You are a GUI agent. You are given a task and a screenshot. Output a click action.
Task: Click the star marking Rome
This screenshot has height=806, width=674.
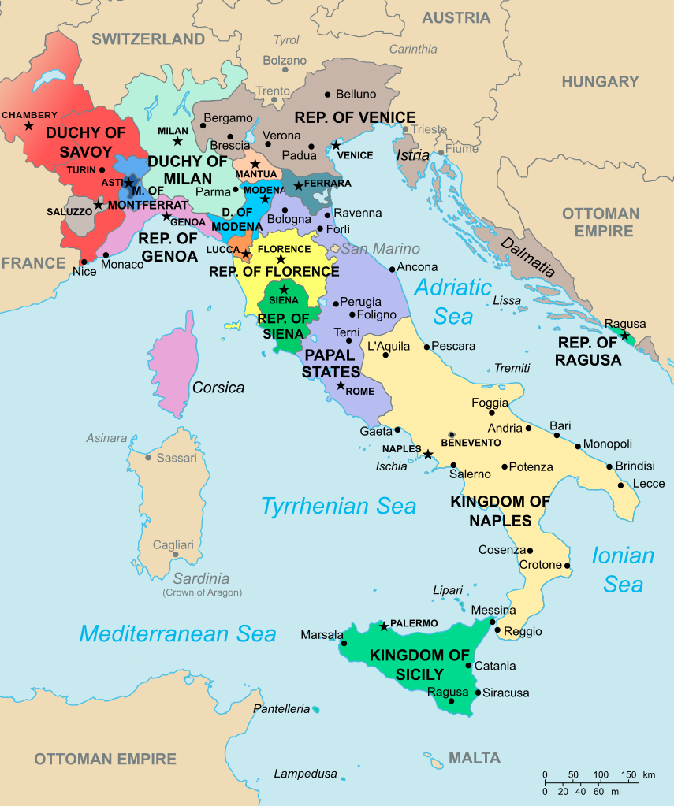[341, 385]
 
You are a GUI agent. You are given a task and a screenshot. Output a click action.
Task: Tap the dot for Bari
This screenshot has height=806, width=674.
[557, 435]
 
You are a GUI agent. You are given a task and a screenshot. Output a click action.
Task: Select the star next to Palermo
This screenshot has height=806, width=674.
[384, 626]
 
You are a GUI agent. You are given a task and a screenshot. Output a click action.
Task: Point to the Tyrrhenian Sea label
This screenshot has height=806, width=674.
[338, 506]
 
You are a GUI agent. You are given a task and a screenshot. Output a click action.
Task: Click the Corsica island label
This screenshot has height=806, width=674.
[218, 388]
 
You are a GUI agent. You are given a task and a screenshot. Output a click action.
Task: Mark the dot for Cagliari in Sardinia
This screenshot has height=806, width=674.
[171, 554]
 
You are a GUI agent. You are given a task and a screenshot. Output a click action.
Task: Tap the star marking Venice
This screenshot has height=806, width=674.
[336, 145]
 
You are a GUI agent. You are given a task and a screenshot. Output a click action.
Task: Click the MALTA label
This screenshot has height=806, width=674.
[475, 758]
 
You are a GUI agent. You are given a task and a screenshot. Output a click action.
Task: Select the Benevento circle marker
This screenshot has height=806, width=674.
[452, 435]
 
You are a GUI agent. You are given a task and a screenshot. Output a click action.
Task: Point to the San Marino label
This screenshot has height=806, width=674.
[380, 249]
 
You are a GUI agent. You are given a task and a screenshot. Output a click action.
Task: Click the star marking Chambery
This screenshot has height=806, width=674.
[29, 126]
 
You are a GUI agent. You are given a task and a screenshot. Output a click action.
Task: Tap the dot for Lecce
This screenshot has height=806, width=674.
[622, 485]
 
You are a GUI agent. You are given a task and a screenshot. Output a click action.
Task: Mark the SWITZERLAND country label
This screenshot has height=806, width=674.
[148, 39]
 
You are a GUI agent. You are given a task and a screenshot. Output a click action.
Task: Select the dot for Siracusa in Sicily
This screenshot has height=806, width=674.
[478, 693]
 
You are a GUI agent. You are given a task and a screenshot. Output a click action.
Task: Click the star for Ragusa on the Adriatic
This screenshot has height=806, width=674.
[625, 336]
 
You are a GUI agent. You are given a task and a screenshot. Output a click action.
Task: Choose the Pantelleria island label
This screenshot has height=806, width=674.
[281, 709]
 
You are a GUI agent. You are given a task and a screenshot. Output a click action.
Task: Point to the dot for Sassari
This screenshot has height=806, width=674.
[148, 457]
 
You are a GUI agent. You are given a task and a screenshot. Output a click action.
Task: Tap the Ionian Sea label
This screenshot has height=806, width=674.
[623, 570]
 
